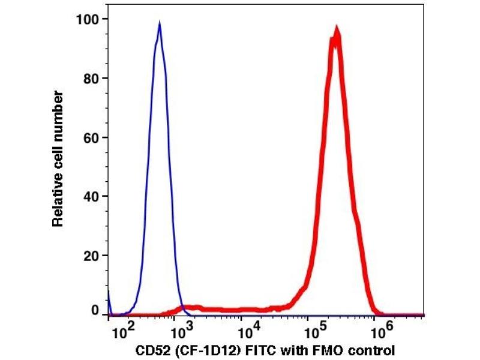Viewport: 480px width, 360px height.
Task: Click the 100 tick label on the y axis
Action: point(88,19)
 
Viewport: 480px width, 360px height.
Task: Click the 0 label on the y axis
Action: point(94,310)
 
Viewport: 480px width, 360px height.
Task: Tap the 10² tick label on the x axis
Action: point(122,329)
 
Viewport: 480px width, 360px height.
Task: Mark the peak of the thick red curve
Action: point(337,30)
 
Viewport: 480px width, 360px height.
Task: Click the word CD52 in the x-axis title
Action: point(147,349)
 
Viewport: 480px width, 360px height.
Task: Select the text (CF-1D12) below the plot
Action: point(199,349)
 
